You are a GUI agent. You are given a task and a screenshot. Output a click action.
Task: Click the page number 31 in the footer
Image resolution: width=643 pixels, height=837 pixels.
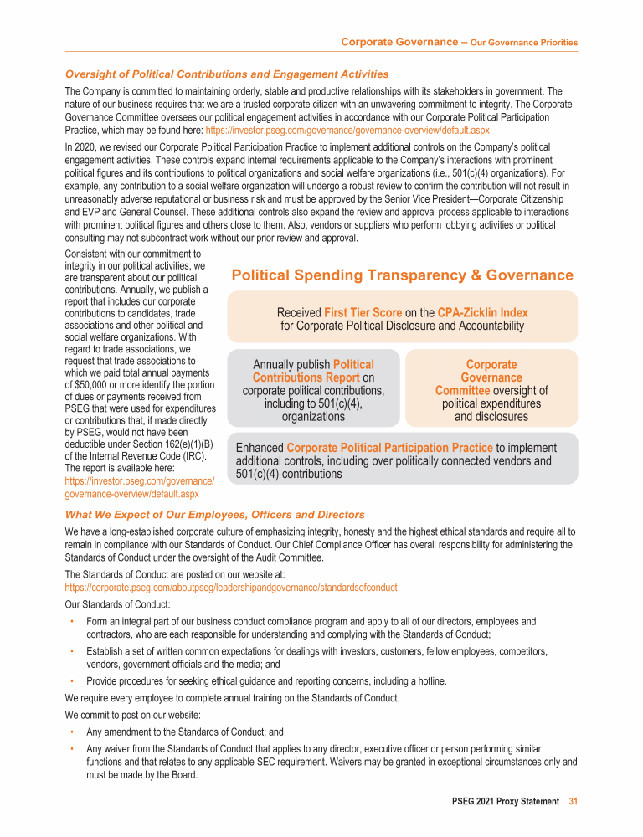(x=573, y=801)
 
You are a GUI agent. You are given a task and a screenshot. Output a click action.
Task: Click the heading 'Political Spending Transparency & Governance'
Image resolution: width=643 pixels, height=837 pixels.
(x=402, y=275)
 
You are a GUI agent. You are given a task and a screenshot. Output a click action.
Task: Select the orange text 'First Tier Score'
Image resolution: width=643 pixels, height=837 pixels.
(x=363, y=312)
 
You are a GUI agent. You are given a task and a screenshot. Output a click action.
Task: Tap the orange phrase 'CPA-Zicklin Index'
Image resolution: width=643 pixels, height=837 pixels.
(x=482, y=312)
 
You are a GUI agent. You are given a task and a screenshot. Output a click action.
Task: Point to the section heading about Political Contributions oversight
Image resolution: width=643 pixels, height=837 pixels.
(x=226, y=74)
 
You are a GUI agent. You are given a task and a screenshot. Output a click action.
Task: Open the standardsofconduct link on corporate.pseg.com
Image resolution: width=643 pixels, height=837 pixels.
(x=231, y=588)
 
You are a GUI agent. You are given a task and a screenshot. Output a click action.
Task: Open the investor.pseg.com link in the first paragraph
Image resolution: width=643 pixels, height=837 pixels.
(x=347, y=131)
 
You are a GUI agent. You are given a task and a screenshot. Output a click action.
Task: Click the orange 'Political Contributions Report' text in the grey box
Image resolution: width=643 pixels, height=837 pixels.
(x=313, y=372)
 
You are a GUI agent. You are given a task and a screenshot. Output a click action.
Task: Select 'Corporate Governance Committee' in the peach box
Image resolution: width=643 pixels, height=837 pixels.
(x=491, y=377)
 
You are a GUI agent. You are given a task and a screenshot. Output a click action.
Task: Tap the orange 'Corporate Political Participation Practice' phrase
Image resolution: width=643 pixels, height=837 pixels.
(x=389, y=448)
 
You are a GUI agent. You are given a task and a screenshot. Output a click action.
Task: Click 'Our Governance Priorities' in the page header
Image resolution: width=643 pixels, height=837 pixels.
(x=524, y=42)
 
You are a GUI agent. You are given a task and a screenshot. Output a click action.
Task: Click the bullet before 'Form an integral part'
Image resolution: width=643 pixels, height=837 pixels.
(x=74, y=621)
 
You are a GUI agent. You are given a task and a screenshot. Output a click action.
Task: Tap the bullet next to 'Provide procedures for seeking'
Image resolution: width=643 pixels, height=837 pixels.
(x=74, y=680)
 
